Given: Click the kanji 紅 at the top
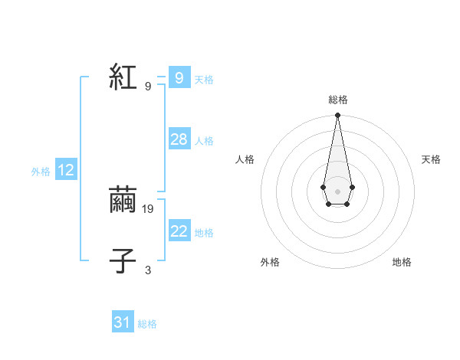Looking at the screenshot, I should pos(123,77).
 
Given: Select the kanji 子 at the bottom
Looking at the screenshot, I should pos(123,261).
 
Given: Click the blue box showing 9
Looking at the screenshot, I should pos(179,77).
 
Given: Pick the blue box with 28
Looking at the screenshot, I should pos(179,139).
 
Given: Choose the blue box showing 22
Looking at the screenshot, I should pos(179,231).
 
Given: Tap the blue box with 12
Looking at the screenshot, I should pos(66,170).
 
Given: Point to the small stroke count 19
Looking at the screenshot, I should pos(148,208).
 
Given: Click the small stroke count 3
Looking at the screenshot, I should pos(148,270).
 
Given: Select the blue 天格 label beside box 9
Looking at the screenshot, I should pos(204,79).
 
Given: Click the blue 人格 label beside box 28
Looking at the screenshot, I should pos(204,141).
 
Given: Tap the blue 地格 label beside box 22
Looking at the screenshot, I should pos(204,233).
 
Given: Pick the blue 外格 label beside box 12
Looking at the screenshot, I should pos(41,172).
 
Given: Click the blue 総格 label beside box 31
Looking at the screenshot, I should pos(147,324).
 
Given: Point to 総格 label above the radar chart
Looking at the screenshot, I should pos(337,100).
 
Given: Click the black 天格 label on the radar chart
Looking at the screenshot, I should pos(431,159).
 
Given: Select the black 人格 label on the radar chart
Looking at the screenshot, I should pos(245,159).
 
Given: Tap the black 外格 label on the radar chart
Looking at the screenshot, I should pos(270,262).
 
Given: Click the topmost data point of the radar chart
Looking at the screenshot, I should pos(337,116).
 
